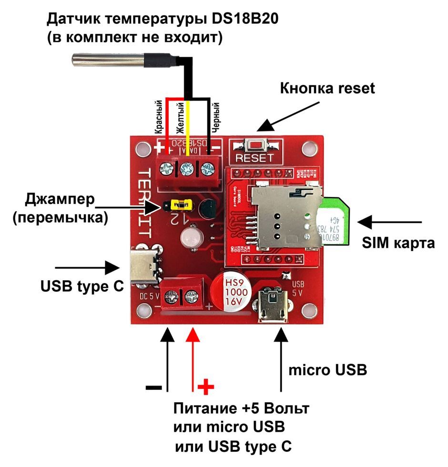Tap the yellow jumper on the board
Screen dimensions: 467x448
click(x=180, y=205)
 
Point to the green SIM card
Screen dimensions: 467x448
click(x=336, y=224)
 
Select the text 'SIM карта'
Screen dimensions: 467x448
click(x=397, y=243)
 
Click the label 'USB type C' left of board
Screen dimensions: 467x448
click(x=81, y=287)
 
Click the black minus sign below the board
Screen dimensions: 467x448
click(x=153, y=387)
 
